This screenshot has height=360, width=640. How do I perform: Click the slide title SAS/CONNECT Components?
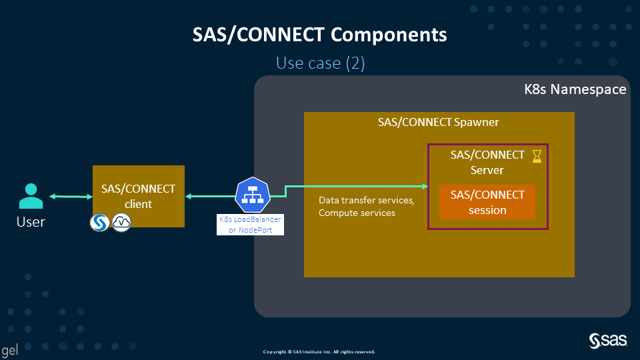coord(320,35)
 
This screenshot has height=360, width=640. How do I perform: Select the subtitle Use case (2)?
coord(320,63)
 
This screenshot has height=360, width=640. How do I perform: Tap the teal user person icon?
coord(31,197)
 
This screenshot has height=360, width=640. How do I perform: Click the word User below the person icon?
coord(31,222)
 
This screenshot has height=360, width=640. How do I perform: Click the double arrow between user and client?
coord(71,196)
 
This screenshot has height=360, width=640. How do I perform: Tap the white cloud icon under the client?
coord(121,223)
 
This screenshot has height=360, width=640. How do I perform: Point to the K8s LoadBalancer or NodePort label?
coord(251,225)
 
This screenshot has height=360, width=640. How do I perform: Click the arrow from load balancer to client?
coord(209,196)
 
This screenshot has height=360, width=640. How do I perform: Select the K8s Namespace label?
coord(575,89)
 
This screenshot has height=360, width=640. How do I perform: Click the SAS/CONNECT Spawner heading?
coord(438,123)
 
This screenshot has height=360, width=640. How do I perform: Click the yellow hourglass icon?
coord(537,157)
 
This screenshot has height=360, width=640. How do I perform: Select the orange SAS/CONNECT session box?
coord(487,202)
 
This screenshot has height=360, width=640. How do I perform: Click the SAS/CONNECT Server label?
coord(487,162)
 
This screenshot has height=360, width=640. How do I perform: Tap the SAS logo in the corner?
coord(608,340)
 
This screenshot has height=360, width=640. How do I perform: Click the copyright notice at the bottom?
coord(319,351)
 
